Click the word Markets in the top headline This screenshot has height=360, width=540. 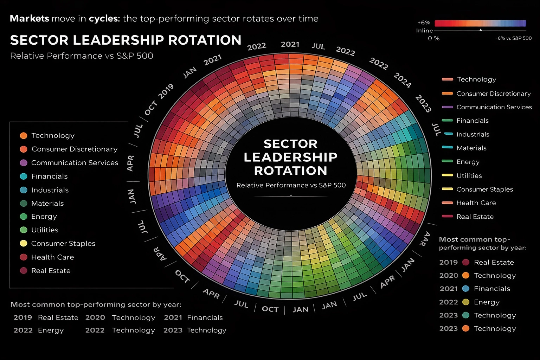coord(29,19)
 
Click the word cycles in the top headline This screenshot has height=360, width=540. coord(104,19)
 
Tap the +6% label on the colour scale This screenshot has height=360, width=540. coord(424,22)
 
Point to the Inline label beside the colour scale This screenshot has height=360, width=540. coord(424,31)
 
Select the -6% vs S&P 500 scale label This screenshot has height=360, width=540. coord(513,38)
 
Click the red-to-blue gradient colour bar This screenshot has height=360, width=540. coord(480,24)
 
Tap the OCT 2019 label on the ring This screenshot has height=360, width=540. coord(159,99)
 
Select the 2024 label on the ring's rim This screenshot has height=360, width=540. coord(402,80)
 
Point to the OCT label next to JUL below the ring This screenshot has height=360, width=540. coord(270,309)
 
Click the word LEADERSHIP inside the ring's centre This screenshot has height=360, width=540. coord(290,157)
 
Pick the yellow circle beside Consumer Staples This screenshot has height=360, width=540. coord(24,243)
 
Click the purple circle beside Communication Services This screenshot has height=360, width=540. coord(24,163)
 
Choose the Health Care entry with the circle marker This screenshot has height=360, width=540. coord(52,257)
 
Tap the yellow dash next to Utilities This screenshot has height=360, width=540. coord(447,175)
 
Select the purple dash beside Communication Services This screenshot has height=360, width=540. coord(447,107)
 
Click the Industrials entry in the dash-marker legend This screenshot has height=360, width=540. coord(472,134)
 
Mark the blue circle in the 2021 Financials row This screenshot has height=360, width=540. coord(466,289)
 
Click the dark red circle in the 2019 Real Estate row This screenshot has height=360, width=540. coord(466,262)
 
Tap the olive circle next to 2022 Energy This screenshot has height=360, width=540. coord(466,302)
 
